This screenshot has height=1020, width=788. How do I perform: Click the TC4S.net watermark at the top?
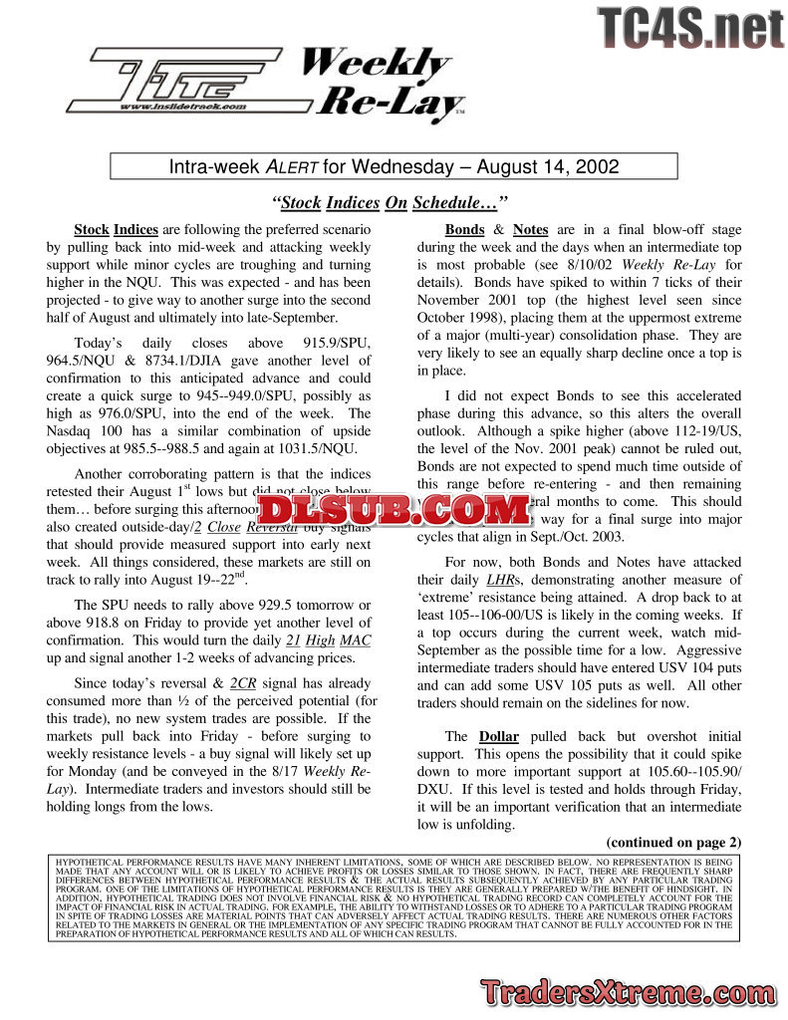[690, 27]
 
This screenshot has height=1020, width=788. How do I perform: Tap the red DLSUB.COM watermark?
[394, 510]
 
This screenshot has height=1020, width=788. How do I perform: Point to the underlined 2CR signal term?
[244, 683]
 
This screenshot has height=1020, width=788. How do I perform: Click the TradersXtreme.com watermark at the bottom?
[627, 994]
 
